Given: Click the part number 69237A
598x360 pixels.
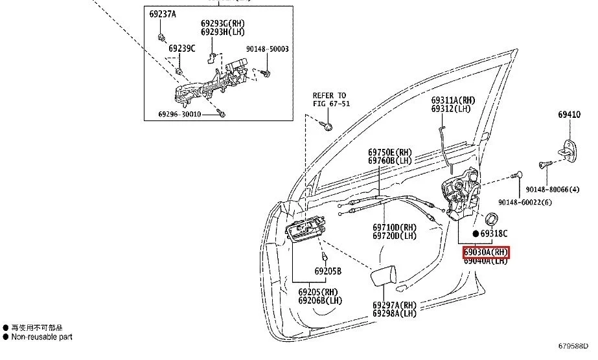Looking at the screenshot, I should (x=162, y=14).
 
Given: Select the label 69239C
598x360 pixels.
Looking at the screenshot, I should (x=181, y=48).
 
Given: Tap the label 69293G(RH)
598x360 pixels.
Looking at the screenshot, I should (x=224, y=24).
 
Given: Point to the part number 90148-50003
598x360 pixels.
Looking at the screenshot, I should (x=267, y=49).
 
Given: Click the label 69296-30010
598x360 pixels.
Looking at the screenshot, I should (x=179, y=115).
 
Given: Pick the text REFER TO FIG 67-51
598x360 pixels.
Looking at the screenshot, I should (x=329, y=99).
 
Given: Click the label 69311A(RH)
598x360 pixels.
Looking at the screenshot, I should (x=454, y=100).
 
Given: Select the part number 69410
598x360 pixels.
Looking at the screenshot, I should (x=569, y=115).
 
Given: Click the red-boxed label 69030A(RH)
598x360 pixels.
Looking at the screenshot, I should (x=486, y=252).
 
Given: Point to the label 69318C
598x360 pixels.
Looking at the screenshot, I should (x=494, y=233).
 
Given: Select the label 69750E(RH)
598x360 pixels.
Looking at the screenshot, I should (x=390, y=153).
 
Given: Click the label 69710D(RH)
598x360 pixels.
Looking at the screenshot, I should (x=394, y=228).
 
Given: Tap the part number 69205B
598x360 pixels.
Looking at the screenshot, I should (x=328, y=271).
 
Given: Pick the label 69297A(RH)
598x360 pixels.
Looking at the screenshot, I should (x=394, y=305).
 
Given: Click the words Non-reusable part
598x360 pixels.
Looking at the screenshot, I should (x=42, y=337).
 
